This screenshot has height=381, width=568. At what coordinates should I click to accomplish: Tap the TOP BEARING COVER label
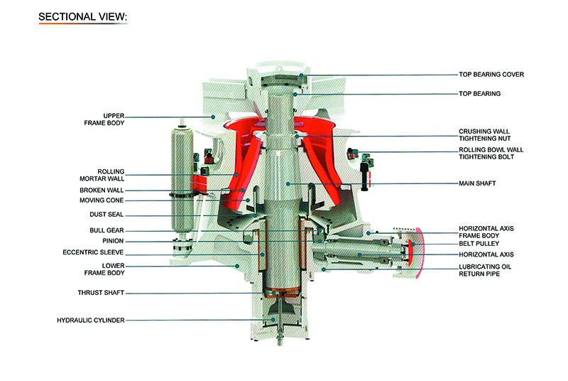click(491, 75)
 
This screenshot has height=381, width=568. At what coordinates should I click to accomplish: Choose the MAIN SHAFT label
click(477, 183)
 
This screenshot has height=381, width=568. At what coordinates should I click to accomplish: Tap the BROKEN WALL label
click(104, 190)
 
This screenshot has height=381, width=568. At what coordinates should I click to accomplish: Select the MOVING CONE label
click(104, 200)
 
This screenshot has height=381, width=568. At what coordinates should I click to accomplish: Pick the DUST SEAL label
click(106, 214)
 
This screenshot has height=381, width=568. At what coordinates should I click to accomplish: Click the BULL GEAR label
click(106, 230)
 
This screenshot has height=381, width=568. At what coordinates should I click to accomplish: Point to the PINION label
click(114, 240)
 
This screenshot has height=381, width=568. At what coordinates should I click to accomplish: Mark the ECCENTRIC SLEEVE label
click(94, 251)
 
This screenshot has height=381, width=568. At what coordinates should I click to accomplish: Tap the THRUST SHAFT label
click(101, 292)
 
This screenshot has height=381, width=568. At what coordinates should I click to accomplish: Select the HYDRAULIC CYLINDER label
click(91, 321)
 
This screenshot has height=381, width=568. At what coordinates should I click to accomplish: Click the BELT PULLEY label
click(480, 243)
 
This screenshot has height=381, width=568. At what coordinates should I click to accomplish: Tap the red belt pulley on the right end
click(417, 253)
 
